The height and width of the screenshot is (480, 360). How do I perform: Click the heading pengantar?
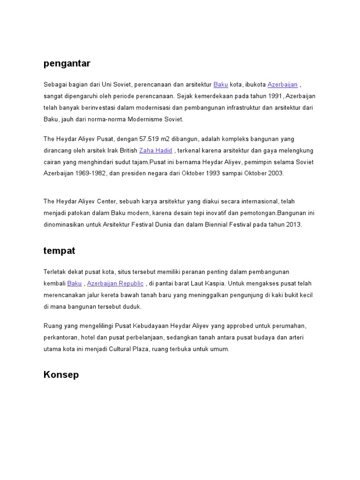point(67,63)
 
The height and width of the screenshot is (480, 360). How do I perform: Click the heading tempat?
point(59,251)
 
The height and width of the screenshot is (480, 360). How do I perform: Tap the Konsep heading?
point(61,375)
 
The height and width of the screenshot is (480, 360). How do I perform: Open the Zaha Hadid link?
point(156,150)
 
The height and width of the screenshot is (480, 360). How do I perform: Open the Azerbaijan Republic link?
point(115,284)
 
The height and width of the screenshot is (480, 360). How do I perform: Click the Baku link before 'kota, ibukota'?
point(221,85)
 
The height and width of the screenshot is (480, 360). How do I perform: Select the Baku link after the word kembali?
point(75,284)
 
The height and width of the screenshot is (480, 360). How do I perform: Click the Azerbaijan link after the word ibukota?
point(283,85)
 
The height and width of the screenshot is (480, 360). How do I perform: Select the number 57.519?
point(150,139)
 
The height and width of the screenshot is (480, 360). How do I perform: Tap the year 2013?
point(293,225)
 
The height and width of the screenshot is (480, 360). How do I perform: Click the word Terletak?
point(55,272)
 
